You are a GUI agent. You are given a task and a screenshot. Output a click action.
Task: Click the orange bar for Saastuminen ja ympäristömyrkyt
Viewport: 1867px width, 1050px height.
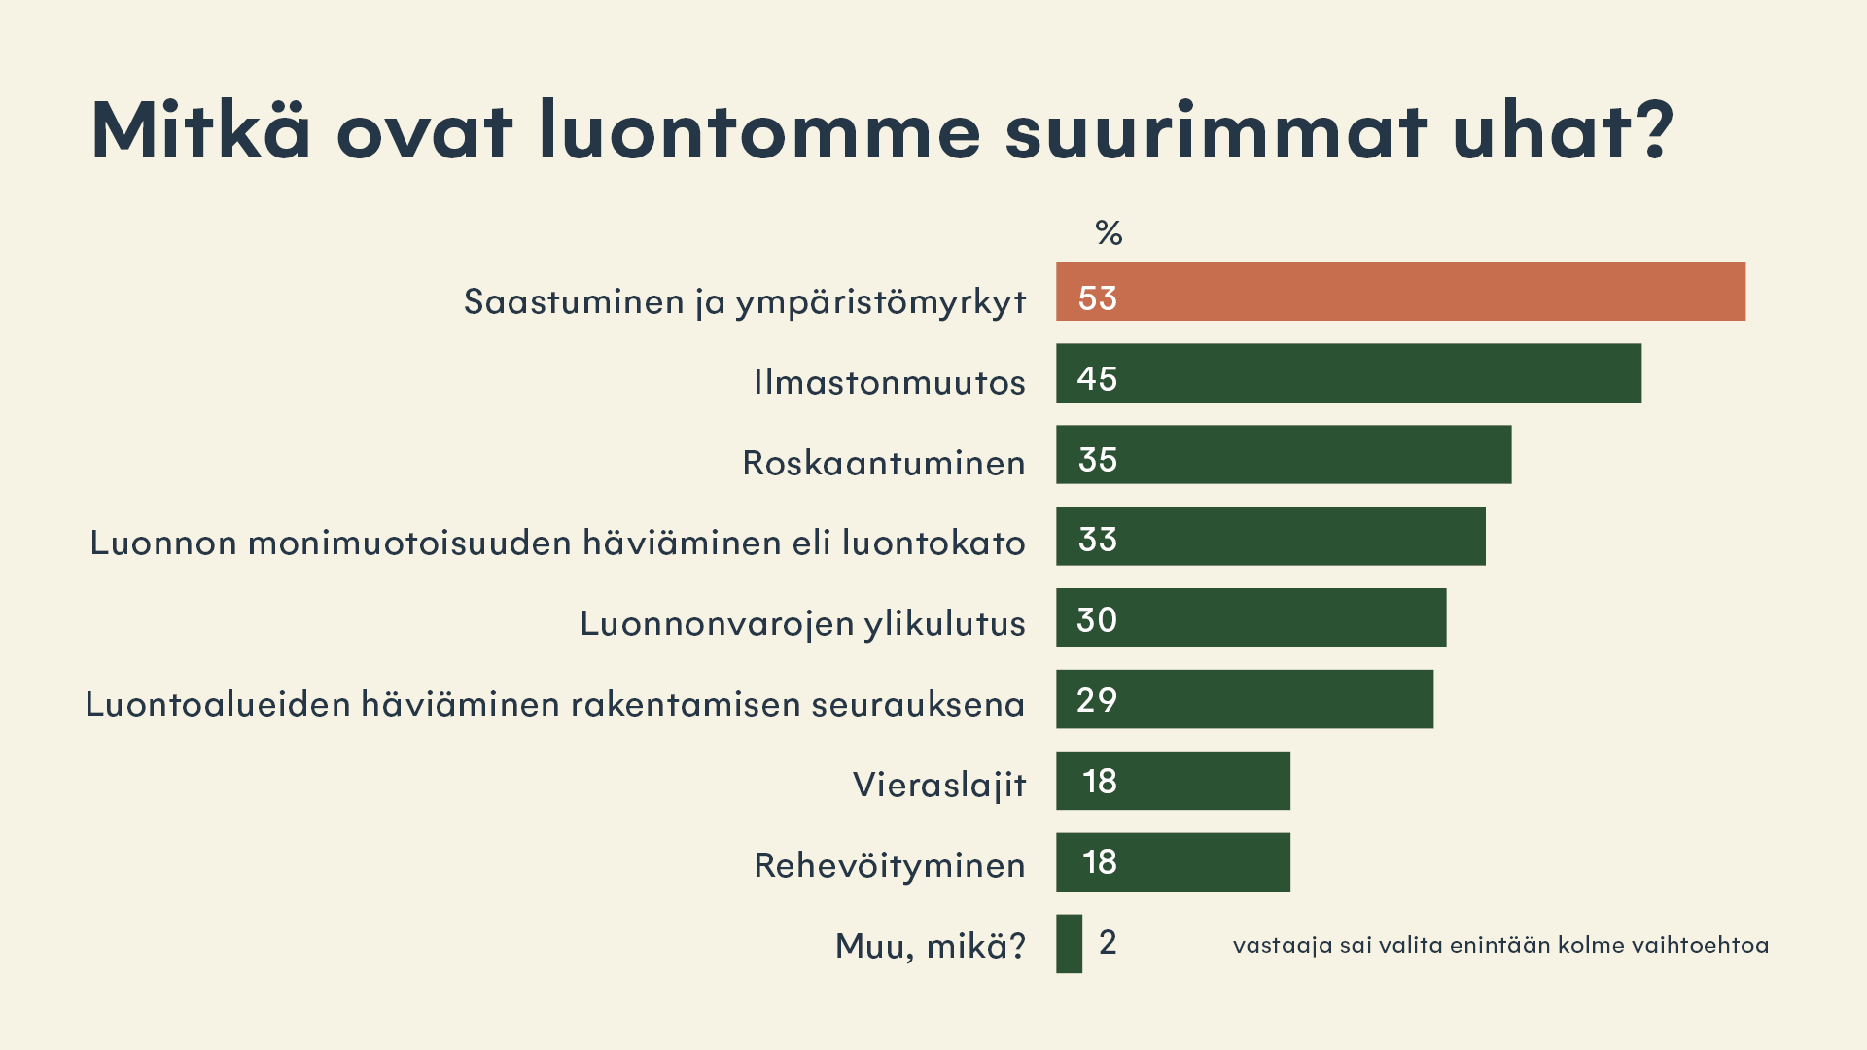pyautogui.click(x=1400, y=292)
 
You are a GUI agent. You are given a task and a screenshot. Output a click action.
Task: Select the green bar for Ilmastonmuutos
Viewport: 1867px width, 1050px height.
pyautogui.click(x=1349, y=373)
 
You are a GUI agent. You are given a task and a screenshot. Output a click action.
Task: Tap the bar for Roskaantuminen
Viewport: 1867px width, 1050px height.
pyautogui.click(x=1284, y=455)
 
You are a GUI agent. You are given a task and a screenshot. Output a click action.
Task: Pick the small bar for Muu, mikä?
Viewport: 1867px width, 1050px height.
pyautogui.click(x=1069, y=944)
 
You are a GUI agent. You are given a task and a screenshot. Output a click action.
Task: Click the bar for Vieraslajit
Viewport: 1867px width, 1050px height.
pyautogui.click(x=1173, y=781)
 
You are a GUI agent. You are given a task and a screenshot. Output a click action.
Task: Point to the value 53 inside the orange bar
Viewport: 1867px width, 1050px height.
pyautogui.click(x=1097, y=298)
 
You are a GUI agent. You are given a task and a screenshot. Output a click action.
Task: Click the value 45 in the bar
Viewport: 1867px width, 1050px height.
pyautogui.click(x=1097, y=379)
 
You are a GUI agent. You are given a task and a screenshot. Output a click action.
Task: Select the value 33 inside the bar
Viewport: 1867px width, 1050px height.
pyautogui.click(x=1097, y=540)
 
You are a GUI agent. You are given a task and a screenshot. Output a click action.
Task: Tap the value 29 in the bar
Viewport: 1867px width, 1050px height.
pyautogui.click(x=1097, y=700)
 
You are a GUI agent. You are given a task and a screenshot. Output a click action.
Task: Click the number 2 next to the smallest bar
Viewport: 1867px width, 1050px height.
pyautogui.click(x=1108, y=942)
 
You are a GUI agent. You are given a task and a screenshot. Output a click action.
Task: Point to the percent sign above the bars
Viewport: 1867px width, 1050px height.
pyautogui.click(x=1109, y=233)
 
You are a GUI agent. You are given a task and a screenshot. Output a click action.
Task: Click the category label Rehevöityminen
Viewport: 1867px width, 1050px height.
pyautogui.click(x=889, y=865)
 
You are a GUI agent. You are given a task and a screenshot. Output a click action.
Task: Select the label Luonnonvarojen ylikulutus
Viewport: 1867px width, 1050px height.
pyautogui.click(x=802, y=623)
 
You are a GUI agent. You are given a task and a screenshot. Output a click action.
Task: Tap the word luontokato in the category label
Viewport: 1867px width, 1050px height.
pyautogui.click(x=933, y=542)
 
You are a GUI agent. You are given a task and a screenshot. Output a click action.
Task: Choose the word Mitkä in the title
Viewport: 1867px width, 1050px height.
pyautogui.click(x=200, y=130)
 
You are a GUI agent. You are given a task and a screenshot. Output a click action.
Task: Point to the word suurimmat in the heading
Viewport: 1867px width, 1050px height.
pyautogui.click(x=1215, y=132)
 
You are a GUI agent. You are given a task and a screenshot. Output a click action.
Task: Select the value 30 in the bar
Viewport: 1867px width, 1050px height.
pyautogui.click(x=1097, y=620)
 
